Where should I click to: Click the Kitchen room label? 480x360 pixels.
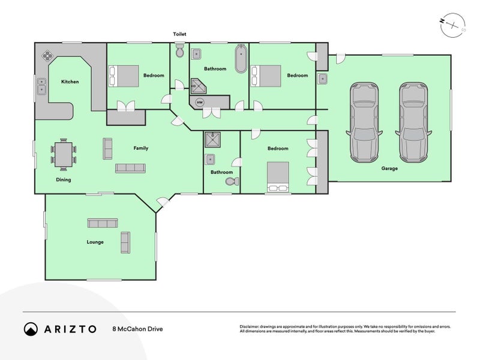click(x=70, y=82)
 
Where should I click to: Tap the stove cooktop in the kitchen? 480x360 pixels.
click(x=48, y=55)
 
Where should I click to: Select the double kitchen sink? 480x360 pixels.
click(x=41, y=86)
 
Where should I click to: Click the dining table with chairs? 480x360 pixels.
click(x=64, y=155)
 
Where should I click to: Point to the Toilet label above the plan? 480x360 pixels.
click(x=179, y=34)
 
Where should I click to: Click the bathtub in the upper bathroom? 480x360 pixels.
click(x=241, y=59)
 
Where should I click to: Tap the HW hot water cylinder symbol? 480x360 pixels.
click(x=200, y=102)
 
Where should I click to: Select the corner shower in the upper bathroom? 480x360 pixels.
click(x=199, y=86)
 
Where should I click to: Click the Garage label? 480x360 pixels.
click(x=389, y=169)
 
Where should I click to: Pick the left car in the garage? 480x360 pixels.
click(x=364, y=122)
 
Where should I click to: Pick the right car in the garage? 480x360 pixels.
click(x=413, y=122)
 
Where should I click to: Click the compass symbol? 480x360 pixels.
click(x=453, y=25)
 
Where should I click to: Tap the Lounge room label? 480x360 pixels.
click(x=95, y=242)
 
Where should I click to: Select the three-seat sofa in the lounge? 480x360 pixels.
click(x=103, y=223)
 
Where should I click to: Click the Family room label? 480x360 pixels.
click(x=141, y=148)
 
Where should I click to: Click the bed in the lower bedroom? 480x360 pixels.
click(x=278, y=177)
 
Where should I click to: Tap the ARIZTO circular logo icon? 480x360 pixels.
click(x=31, y=329)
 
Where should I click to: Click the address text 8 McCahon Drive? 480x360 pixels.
click(x=138, y=329)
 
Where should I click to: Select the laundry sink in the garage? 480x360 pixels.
click(x=322, y=79)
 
